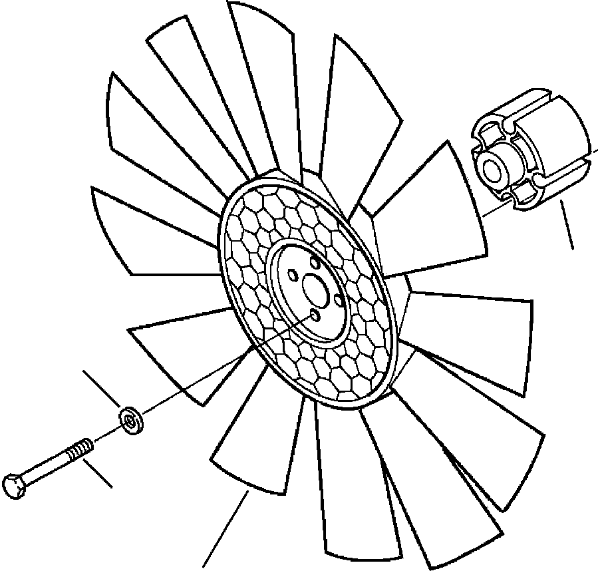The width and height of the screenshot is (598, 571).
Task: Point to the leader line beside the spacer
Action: point(567,226)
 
